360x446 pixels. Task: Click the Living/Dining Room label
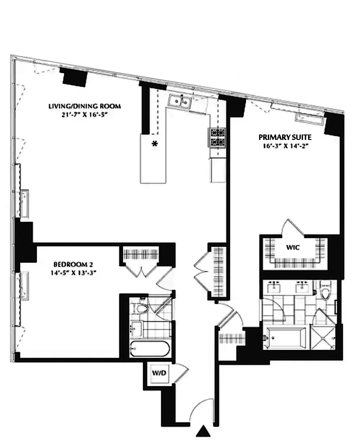click(x=85, y=106)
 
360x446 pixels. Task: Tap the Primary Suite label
click(x=285, y=138)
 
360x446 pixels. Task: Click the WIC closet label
click(x=292, y=248)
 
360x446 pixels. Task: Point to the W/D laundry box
click(x=159, y=373)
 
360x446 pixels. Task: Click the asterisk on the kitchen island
click(x=155, y=144)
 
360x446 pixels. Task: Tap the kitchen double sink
click(x=180, y=101)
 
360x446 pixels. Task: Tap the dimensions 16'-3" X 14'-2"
click(x=285, y=146)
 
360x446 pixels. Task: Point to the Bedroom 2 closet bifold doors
click(x=141, y=270)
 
